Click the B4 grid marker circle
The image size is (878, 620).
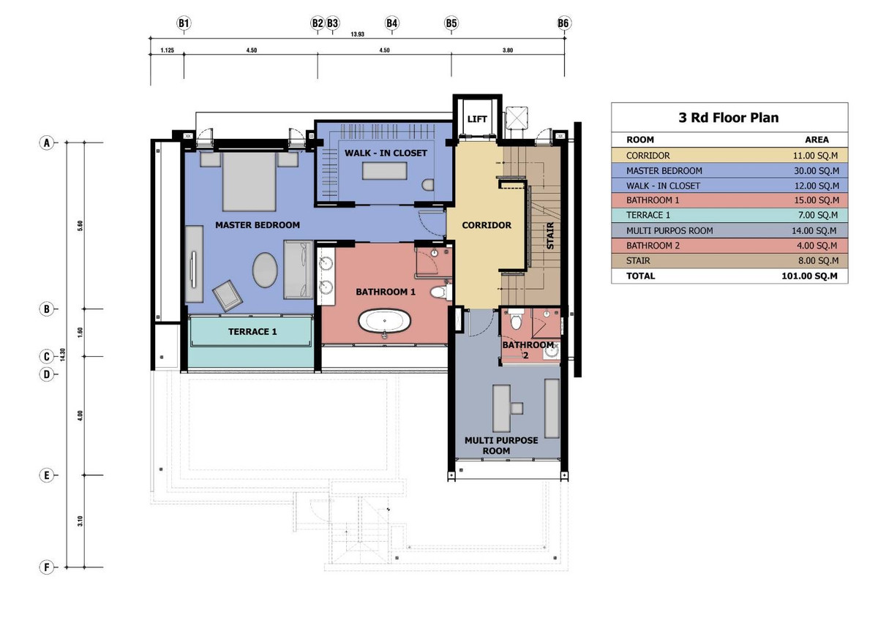[391, 23]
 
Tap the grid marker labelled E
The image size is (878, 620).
[46, 475]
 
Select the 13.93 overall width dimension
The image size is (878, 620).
[357, 34]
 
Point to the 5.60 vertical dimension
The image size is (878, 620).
[80, 225]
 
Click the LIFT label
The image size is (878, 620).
[477, 118]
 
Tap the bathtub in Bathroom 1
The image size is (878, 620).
[385, 322]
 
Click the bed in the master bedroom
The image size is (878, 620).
[249, 182]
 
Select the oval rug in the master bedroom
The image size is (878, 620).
[265, 270]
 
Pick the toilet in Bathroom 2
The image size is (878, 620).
[516, 320]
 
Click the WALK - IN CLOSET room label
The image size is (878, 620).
[386, 153]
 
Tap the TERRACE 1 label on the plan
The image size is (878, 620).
[252, 332]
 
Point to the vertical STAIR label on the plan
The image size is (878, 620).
[550, 235]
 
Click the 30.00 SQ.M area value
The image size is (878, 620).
[817, 171]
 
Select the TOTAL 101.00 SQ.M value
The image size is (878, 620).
[809, 276]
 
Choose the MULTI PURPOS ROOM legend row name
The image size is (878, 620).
[669, 231]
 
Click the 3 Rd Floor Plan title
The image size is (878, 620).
[729, 118]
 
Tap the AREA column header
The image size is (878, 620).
[817, 140]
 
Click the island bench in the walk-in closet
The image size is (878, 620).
[385, 171]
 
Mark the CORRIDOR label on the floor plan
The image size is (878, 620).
[487, 225]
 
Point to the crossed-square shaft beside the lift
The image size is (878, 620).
[517, 117]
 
